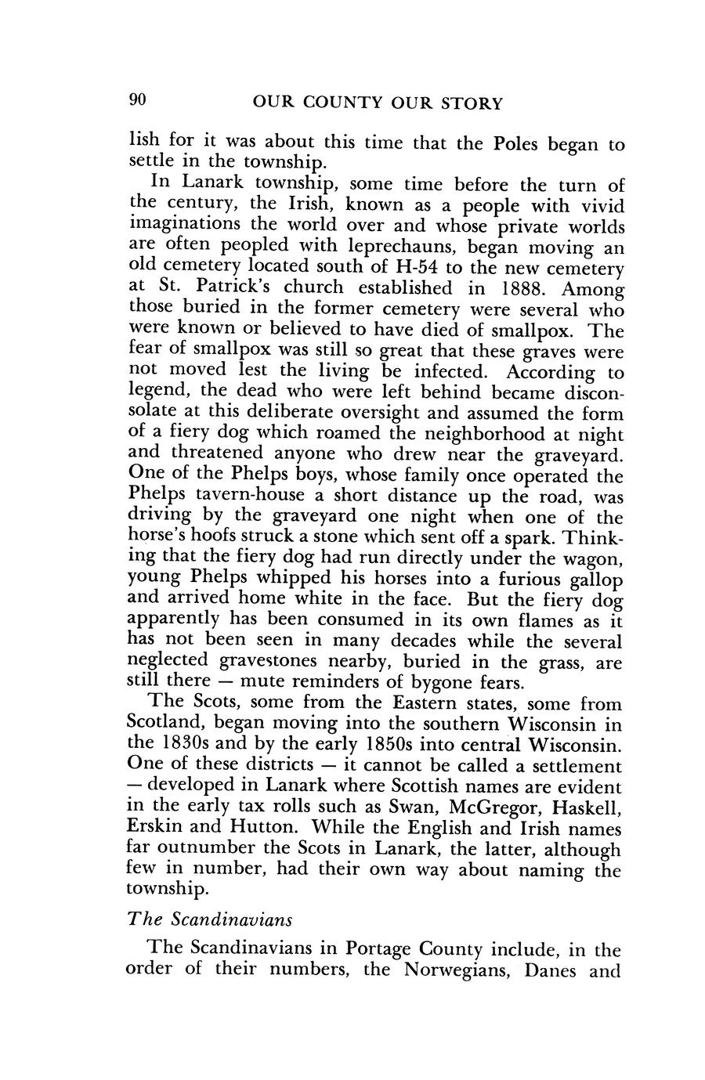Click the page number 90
tap(136, 101)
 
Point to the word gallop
tap(592, 580)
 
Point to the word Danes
tap(553, 971)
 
